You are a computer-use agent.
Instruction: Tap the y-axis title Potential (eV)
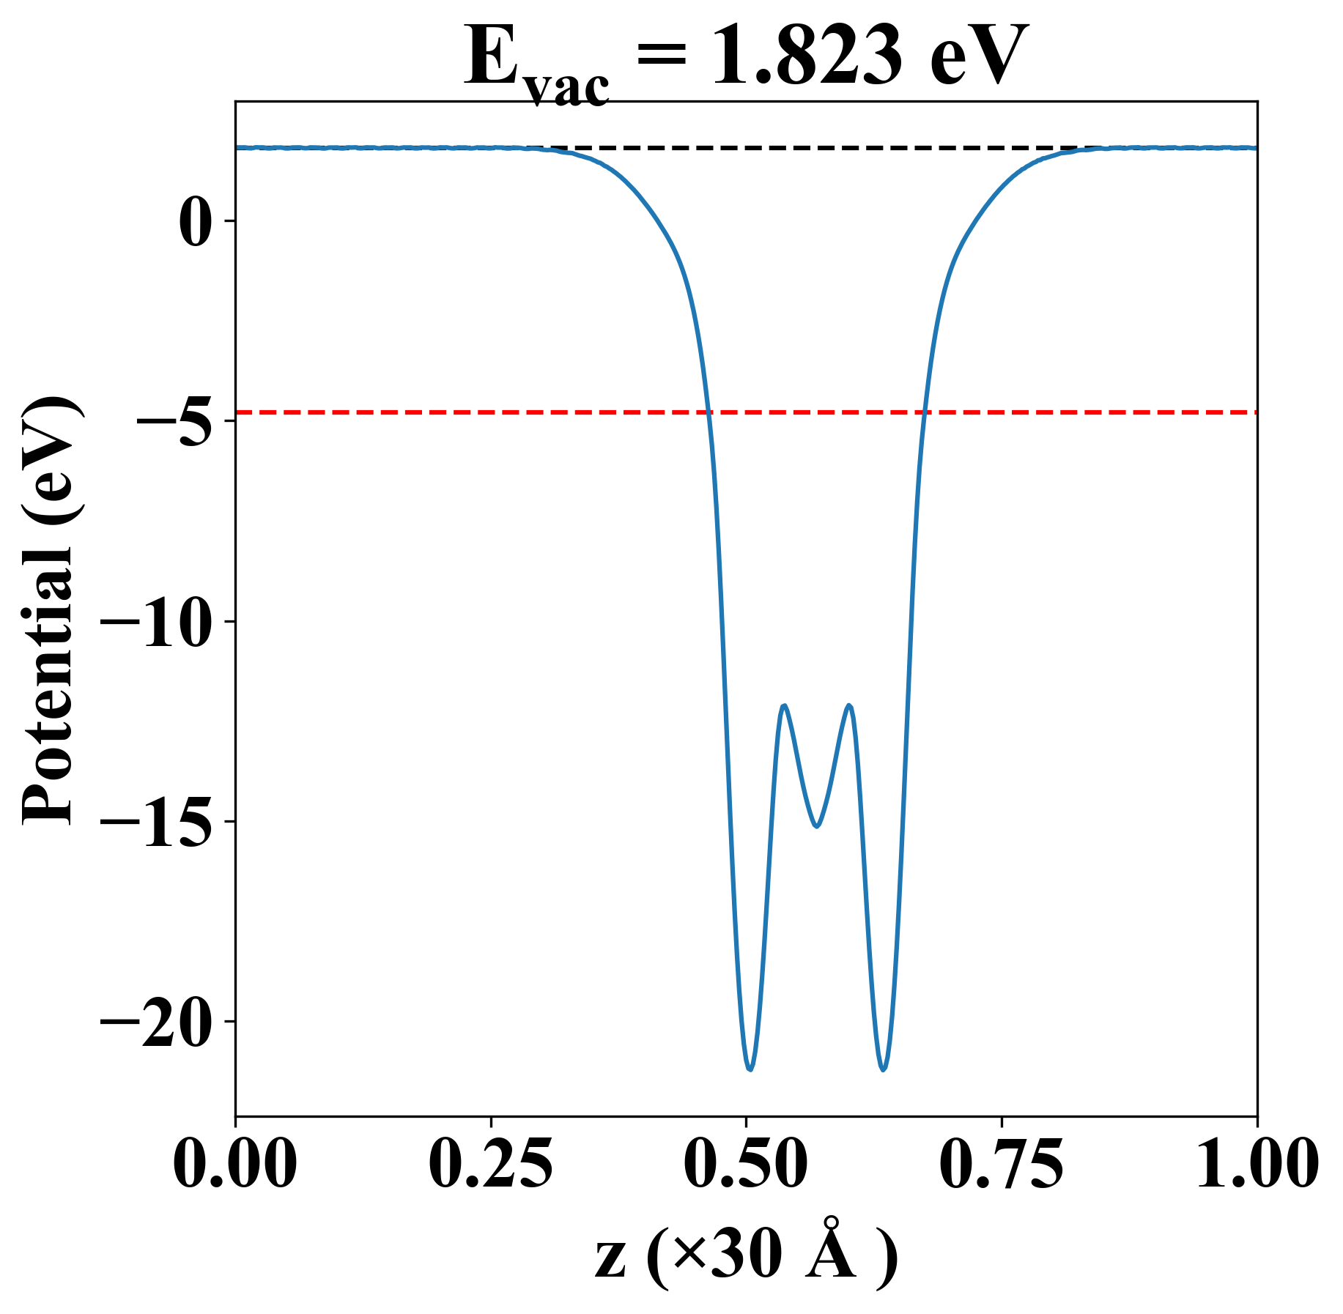(50, 612)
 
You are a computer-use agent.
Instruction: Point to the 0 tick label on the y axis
(196, 221)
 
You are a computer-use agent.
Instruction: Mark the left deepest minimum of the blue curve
(750, 1069)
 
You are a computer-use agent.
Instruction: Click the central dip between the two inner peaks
(816, 826)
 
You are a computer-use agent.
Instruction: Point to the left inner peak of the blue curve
(784, 705)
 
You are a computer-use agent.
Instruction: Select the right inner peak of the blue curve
(849, 705)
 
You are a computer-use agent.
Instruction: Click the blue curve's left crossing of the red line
(708, 413)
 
